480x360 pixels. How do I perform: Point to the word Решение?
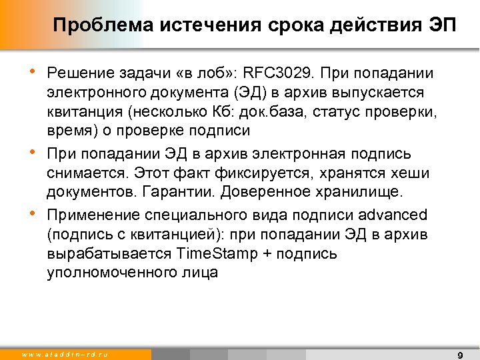click(x=77, y=72)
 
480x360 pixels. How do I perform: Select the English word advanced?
click(x=393, y=215)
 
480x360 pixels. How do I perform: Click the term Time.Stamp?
click(x=210, y=254)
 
